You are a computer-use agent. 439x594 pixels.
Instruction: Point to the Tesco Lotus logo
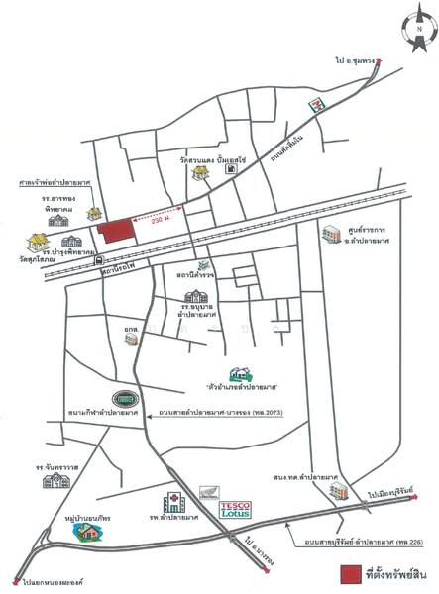[233, 509]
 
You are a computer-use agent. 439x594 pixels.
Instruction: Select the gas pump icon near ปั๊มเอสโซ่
[231, 169]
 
